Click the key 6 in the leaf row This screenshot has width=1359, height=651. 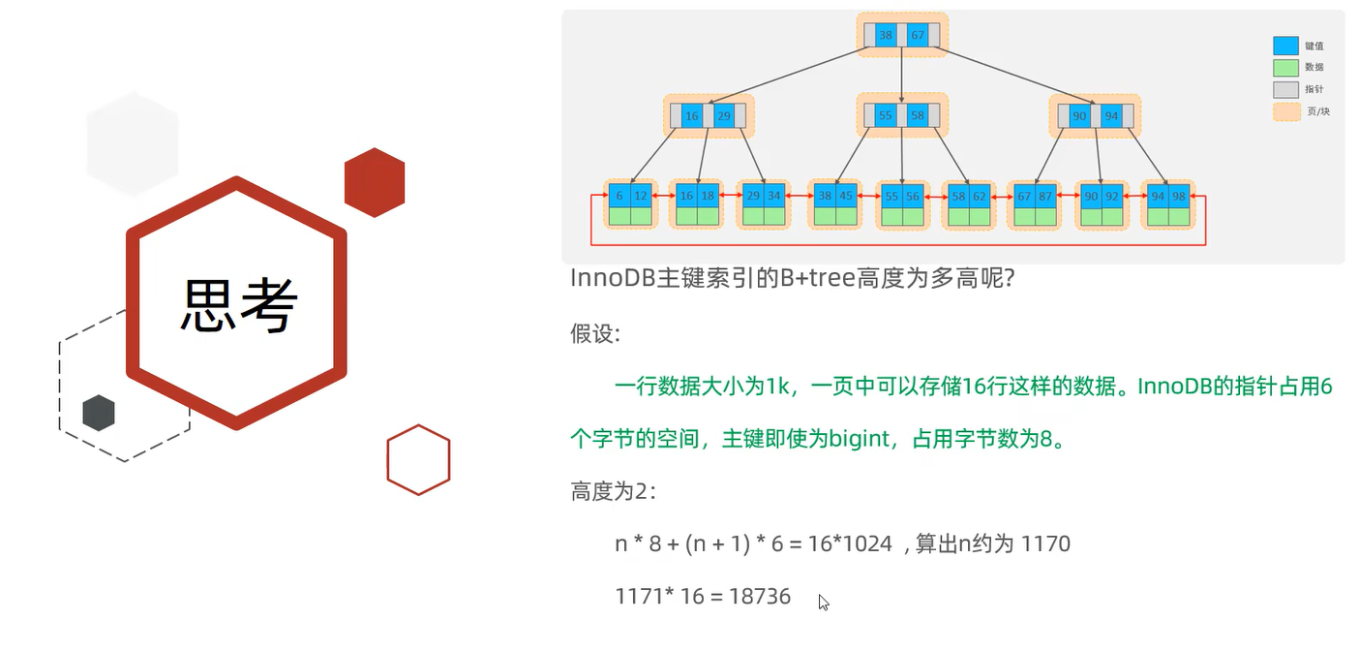(x=619, y=195)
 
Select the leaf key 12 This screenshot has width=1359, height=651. (x=641, y=195)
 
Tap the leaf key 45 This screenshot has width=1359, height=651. (x=847, y=195)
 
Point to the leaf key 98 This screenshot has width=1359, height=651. (x=1178, y=195)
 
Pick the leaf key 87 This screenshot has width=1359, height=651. (x=1045, y=195)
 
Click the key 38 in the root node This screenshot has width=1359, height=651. (x=885, y=36)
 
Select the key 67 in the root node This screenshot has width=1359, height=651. (x=918, y=36)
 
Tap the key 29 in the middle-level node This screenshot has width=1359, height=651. (x=724, y=116)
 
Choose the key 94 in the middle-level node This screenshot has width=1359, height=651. (x=1111, y=116)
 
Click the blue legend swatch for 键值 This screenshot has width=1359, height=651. (x=1285, y=46)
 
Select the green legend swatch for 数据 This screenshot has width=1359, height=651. (x=1285, y=68)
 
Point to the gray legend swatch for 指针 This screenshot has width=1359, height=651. (x=1285, y=89)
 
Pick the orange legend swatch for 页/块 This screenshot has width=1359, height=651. (x=1285, y=111)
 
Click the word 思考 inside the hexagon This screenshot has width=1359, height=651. (x=238, y=305)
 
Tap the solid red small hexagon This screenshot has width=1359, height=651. (x=375, y=182)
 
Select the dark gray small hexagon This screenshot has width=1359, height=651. (x=99, y=413)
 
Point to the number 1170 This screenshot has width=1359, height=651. (x=1044, y=544)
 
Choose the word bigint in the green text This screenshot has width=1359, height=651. (x=860, y=439)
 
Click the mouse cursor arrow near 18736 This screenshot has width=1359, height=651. (x=823, y=602)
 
